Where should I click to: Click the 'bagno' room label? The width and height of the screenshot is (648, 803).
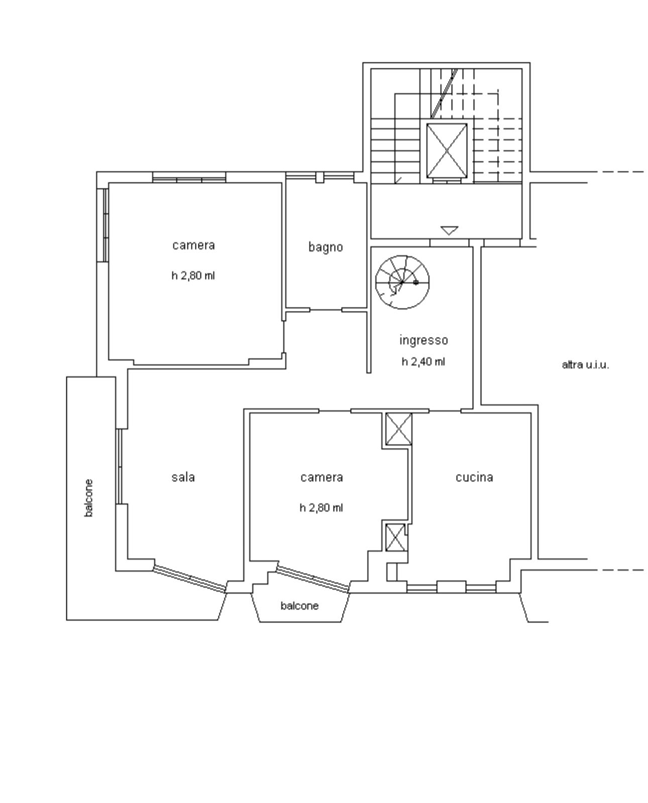[x=326, y=248]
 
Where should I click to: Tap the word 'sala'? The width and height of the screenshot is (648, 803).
[x=183, y=477]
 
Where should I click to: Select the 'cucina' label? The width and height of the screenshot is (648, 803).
[x=474, y=477]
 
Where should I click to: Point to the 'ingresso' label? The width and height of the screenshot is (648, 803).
[x=423, y=340]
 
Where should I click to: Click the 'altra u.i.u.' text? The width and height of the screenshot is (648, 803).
[x=585, y=365]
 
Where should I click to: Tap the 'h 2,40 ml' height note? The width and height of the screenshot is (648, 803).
[x=423, y=362]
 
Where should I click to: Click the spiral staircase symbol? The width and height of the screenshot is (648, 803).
[x=402, y=282]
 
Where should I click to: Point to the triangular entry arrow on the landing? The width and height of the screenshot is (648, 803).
[x=449, y=230]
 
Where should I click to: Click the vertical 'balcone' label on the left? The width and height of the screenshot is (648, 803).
[x=88, y=498]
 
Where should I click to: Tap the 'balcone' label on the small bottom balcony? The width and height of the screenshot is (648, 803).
[x=299, y=606]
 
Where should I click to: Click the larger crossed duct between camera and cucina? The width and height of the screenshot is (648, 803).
[x=399, y=429]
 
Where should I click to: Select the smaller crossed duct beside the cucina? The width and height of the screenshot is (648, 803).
[x=395, y=537]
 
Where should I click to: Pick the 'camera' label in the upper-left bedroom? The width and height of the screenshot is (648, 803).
[x=193, y=246]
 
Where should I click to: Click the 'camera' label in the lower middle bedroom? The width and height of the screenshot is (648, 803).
[x=321, y=477]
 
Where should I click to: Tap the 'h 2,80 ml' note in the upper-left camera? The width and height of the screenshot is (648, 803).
[x=193, y=276]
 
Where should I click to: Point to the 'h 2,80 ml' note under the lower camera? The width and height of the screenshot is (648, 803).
[x=321, y=508]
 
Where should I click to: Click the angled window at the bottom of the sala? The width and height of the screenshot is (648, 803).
[x=190, y=579]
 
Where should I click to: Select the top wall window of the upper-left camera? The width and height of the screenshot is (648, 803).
[x=189, y=177]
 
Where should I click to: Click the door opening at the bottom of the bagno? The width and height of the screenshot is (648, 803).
[x=326, y=310]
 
